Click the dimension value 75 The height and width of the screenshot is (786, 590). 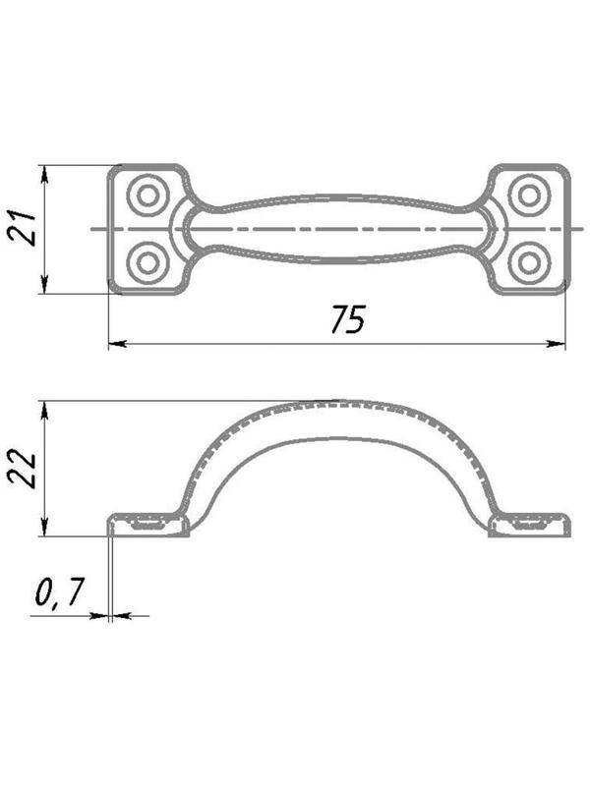[x=348, y=318]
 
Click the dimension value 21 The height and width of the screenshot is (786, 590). [x=23, y=229]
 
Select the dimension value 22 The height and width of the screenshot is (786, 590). [x=23, y=471]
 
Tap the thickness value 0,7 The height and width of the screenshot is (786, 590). [x=59, y=592]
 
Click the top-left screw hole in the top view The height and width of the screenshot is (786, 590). [x=147, y=195]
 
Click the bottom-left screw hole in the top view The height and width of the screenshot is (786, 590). [x=147, y=261]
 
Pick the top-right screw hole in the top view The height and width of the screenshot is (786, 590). [x=529, y=195]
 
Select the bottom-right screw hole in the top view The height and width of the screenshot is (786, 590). [x=529, y=261]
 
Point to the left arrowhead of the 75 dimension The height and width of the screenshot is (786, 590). [x=117, y=344]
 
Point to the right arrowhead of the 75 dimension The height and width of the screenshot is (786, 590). [x=557, y=344]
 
